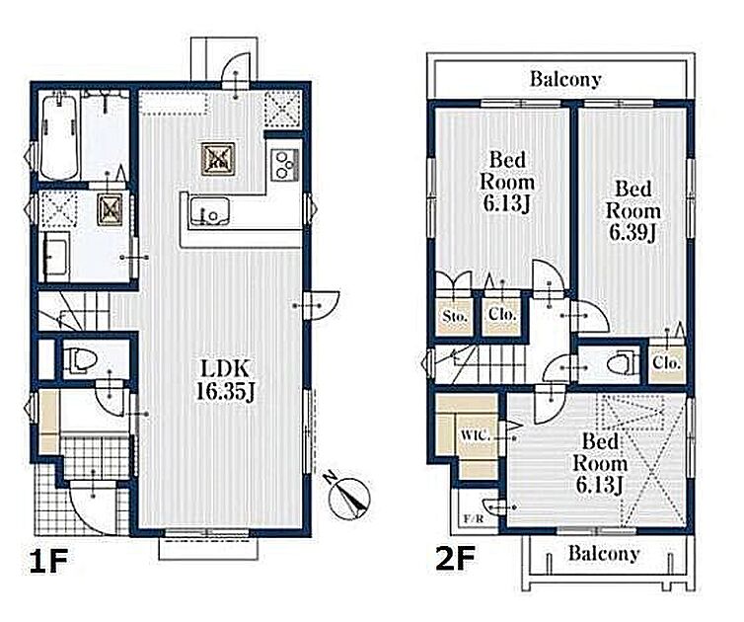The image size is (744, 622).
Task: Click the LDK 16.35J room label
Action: [226, 381]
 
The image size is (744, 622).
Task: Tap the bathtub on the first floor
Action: [59, 135]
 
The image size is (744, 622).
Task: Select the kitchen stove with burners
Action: [284, 164]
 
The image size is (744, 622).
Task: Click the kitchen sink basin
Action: [210, 211]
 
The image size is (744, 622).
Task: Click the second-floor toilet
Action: [622, 364]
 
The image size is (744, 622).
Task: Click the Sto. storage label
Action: [455, 315]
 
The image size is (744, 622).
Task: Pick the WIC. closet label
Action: [476, 435]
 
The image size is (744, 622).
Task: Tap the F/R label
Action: [474, 519]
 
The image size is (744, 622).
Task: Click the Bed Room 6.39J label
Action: [632, 211]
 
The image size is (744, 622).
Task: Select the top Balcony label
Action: [565, 79]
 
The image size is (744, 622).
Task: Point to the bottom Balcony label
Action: [604, 553]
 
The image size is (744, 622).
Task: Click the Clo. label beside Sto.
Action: [502, 314]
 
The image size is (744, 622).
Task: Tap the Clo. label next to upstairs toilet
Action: [667, 363]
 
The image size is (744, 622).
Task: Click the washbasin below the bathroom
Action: [56, 258]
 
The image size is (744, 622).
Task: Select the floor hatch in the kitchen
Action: [218, 159]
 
